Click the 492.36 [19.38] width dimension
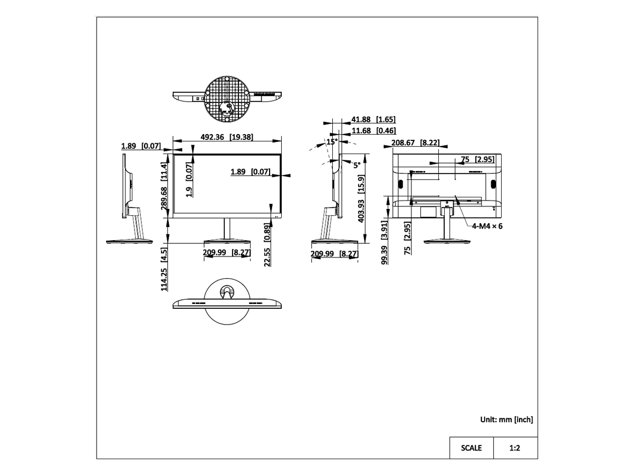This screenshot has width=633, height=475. [227, 137]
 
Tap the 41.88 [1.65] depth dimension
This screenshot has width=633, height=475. [373, 119]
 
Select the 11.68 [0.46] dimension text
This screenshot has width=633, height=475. [373, 131]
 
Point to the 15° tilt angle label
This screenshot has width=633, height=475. [332, 141]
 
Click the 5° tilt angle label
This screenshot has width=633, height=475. [357, 165]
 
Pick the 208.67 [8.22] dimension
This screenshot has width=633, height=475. [415, 142]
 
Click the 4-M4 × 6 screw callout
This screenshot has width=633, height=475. [487, 226]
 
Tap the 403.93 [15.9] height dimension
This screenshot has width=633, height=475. [361, 199]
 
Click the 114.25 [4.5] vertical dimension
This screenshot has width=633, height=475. [164, 269]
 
